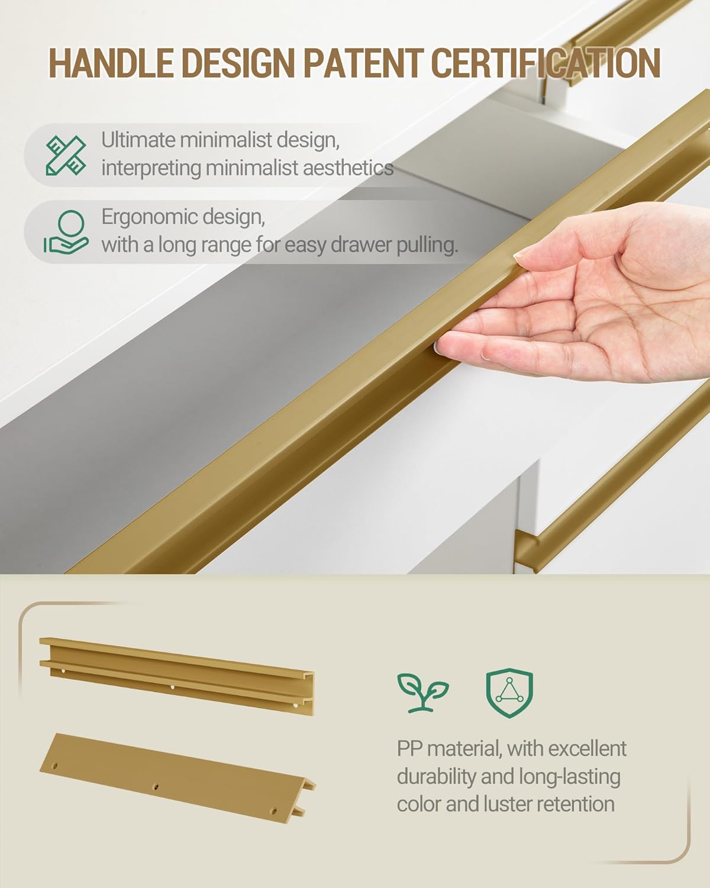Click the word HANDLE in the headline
click(111, 63)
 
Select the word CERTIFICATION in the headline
click(546, 63)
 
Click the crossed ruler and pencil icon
click(66, 155)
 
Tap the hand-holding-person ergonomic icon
click(66, 232)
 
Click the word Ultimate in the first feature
click(138, 140)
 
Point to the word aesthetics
click(348, 168)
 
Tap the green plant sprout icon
click(423, 693)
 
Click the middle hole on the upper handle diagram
click(172, 687)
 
